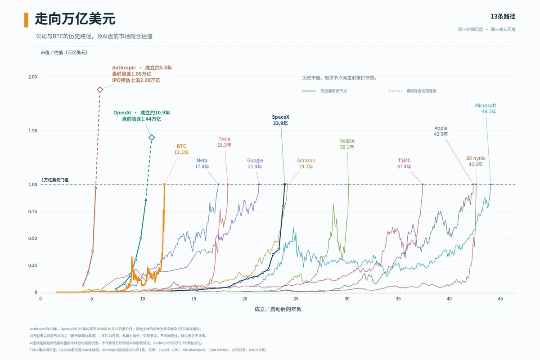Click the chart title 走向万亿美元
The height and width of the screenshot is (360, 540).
[75, 19]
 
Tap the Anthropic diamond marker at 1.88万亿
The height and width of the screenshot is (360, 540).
[100, 90]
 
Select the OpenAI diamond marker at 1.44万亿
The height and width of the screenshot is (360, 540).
[152, 137]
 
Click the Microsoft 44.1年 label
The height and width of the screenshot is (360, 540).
[486, 108]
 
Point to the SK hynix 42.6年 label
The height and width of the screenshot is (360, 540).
[476, 161]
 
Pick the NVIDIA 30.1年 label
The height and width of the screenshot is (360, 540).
[347, 144]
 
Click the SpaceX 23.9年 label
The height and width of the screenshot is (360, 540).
[280, 120]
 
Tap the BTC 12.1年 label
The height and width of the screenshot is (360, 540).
[181, 149]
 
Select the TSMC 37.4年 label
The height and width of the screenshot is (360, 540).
[404, 163]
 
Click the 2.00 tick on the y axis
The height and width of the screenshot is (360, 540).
[32, 77]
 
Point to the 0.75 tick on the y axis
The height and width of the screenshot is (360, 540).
[32, 211]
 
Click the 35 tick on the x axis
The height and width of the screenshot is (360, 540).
[398, 299]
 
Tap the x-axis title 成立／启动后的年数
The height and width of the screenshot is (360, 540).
[278, 309]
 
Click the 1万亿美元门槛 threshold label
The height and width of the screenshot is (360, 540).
[55, 180]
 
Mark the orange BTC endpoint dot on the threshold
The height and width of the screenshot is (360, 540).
[164, 184]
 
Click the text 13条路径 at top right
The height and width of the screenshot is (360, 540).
[503, 16]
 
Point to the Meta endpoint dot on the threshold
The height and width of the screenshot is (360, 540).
[218, 184]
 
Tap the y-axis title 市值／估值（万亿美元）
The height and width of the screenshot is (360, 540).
[64, 53]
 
